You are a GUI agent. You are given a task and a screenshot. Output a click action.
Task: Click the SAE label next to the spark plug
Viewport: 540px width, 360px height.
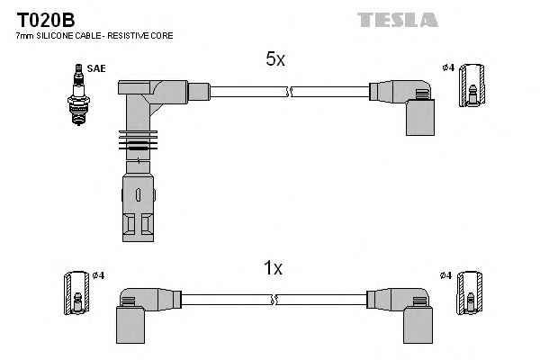(x=95, y=67)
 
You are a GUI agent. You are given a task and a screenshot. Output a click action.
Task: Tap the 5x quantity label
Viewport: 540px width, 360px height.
(x=275, y=59)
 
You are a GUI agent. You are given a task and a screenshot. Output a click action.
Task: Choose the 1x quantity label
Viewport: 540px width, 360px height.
(x=274, y=268)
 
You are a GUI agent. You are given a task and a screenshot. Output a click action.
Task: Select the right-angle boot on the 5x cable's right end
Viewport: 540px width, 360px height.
(x=410, y=103)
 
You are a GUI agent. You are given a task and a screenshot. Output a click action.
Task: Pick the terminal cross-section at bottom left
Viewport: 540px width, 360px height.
(x=77, y=294)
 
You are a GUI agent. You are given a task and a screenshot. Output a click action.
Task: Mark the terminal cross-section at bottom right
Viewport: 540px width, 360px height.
(x=469, y=294)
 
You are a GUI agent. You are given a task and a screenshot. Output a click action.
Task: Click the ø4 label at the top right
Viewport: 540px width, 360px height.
(x=447, y=67)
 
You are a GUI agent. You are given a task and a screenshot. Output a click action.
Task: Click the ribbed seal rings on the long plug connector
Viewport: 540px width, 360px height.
(x=137, y=144)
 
